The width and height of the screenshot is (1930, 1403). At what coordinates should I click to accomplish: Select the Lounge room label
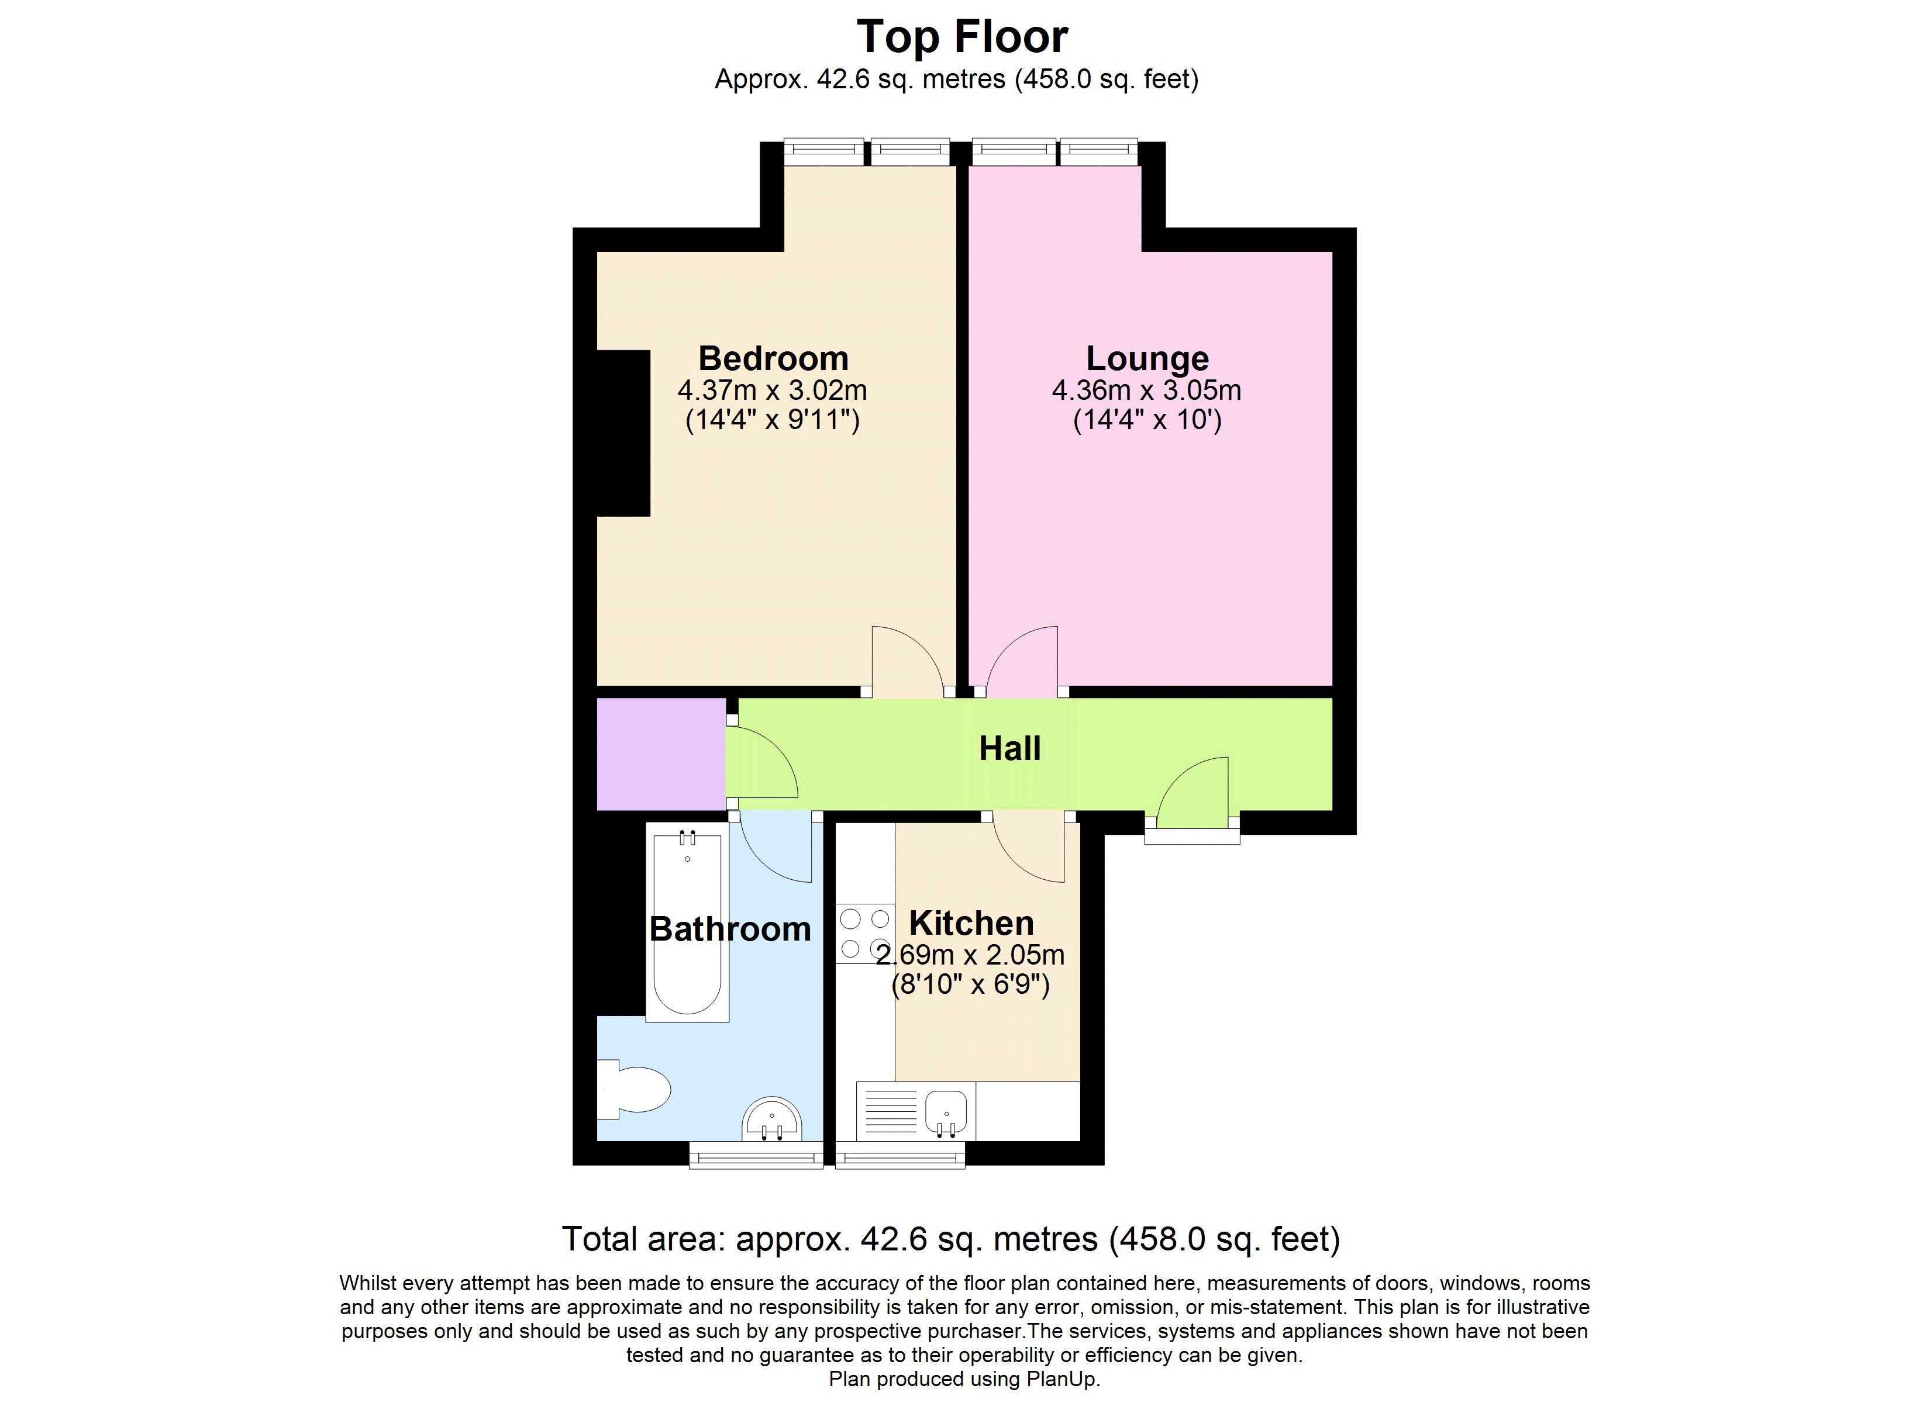point(1147,359)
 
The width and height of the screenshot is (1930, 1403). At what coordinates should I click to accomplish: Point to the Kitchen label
point(972,923)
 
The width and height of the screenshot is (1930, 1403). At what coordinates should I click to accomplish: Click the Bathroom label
point(730,929)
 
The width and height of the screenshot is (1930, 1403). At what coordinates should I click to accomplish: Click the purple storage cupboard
point(661,754)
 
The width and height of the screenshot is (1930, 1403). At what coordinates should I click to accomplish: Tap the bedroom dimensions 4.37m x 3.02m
point(773,391)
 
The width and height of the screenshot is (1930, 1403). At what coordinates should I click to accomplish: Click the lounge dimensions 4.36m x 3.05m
point(1147,391)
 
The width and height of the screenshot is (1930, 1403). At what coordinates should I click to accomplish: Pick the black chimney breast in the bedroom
point(624,433)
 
